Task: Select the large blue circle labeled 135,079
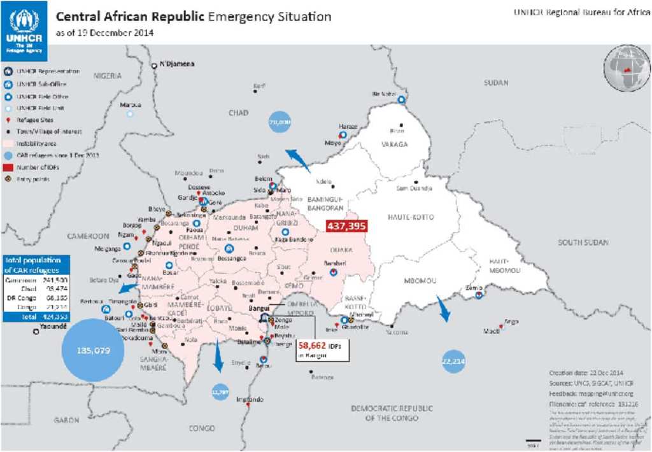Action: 93,350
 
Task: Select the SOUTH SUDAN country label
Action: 583,243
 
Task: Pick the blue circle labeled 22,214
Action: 453,361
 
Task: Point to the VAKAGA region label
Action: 394,145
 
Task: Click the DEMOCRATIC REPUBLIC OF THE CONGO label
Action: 392,413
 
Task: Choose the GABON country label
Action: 66,420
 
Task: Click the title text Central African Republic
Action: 131,17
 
